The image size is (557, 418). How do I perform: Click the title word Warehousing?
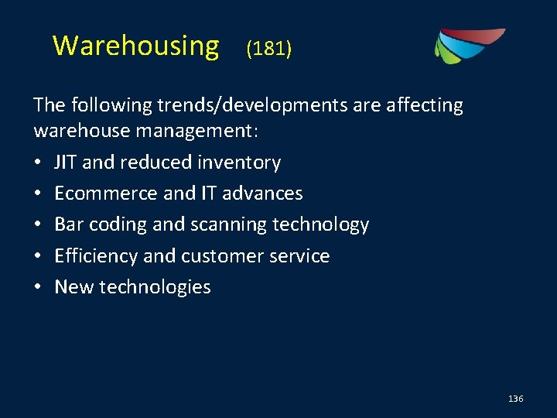[x=135, y=46]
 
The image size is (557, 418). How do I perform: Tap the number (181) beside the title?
[x=268, y=50]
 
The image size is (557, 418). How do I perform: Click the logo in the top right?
[x=468, y=46]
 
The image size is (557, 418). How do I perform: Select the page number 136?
[x=516, y=399]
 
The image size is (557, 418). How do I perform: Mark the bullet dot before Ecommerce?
[x=39, y=194]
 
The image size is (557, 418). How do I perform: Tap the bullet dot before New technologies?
[x=39, y=287]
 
